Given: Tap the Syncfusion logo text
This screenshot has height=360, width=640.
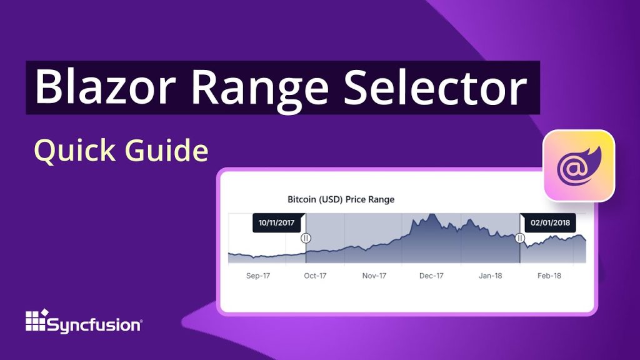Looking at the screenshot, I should click(x=95, y=324).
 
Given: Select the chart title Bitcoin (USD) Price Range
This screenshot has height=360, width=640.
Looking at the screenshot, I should click(x=341, y=199).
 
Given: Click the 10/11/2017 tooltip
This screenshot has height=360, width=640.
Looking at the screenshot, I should click(x=277, y=223).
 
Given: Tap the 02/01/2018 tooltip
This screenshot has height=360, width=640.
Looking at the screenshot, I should click(x=549, y=223).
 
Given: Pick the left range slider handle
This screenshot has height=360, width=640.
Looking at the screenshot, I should click(x=306, y=238).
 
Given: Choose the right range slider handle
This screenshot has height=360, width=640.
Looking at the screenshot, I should click(x=519, y=238).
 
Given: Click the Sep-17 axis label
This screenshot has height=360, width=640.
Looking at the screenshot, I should click(x=257, y=276).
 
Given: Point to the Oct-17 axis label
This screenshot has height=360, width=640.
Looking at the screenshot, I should click(x=315, y=276).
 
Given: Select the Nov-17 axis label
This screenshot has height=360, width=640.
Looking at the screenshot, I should click(x=374, y=276).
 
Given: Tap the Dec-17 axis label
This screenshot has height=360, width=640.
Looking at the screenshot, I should click(x=431, y=276).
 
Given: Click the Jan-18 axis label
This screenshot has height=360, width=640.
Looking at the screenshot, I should click(x=490, y=276).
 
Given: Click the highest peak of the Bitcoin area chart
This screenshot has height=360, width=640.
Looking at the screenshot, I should click(x=430, y=216).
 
